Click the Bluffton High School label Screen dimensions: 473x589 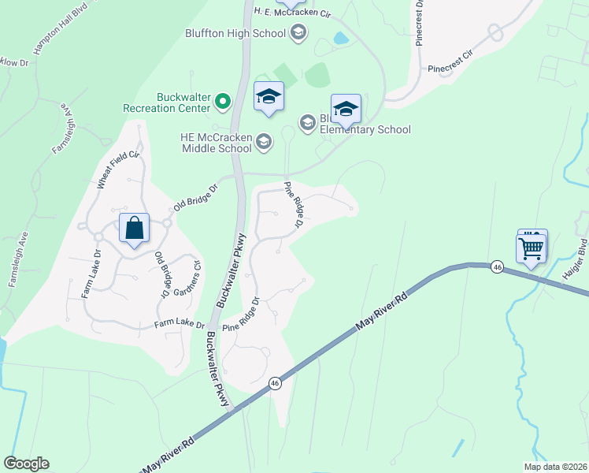click(246, 33)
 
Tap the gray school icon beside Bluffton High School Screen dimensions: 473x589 click(298, 32)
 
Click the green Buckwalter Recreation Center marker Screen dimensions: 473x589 click(223, 102)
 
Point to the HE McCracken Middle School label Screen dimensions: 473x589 click(216, 142)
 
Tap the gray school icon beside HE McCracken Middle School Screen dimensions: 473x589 click(264, 142)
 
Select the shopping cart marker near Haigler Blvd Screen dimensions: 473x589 click(532, 248)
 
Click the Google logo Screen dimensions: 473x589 click(26, 464)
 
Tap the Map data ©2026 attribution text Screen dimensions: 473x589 click(554, 467)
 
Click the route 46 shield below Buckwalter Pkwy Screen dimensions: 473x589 click(274, 383)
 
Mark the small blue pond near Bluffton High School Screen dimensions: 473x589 click(340, 38)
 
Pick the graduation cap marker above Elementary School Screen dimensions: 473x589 click(346, 109)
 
